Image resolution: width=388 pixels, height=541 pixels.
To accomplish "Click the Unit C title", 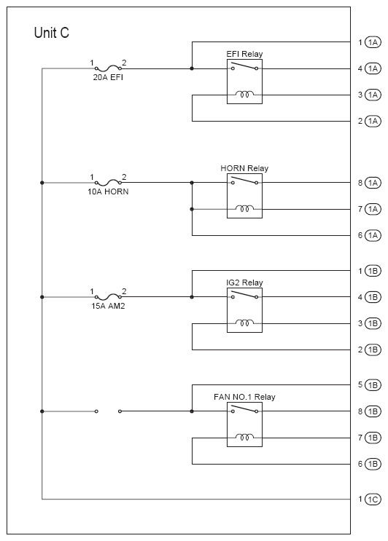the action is click(x=52, y=33).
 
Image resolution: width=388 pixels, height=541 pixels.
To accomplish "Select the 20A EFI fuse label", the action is click(x=108, y=77).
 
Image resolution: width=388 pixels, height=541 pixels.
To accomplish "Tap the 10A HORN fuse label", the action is click(x=108, y=191).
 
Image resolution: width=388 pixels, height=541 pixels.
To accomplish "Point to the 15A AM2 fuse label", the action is click(x=108, y=306).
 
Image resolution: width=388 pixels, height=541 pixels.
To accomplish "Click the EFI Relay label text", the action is click(x=244, y=54).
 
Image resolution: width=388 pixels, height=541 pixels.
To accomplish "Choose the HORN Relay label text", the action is click(x=244, y=168).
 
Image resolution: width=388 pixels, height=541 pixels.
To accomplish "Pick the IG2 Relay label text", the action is click(x=244, y=283).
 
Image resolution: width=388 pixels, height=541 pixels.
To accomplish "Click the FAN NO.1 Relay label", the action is click(x=244, y=397).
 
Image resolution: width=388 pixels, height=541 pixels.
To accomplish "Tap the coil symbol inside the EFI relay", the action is click(x=244, y=94).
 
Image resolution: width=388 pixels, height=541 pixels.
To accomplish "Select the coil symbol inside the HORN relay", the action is click(x=244, y=208).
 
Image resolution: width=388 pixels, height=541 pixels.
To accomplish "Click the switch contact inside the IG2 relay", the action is click(x=244, y=295).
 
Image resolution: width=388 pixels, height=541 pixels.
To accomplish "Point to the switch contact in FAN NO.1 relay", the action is click(x=244, y=409).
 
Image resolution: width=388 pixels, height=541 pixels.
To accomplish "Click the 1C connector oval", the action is click(x=373, y=499).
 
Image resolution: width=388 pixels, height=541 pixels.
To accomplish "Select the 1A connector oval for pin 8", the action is click(x=373, y=183).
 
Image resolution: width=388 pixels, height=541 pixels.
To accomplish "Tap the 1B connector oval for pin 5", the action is click(x=373, y=385).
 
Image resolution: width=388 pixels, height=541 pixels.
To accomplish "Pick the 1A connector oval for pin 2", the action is click(x=373, y=122).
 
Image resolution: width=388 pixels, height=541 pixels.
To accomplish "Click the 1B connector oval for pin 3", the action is click(x=373, y=323).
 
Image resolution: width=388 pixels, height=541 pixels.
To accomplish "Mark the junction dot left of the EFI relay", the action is click(x=192, y=68).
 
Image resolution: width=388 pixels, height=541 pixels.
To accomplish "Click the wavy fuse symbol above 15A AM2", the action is click(x=108, y=297).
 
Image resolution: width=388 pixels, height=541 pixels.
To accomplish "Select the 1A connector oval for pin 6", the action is click(x=373, y=236).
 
